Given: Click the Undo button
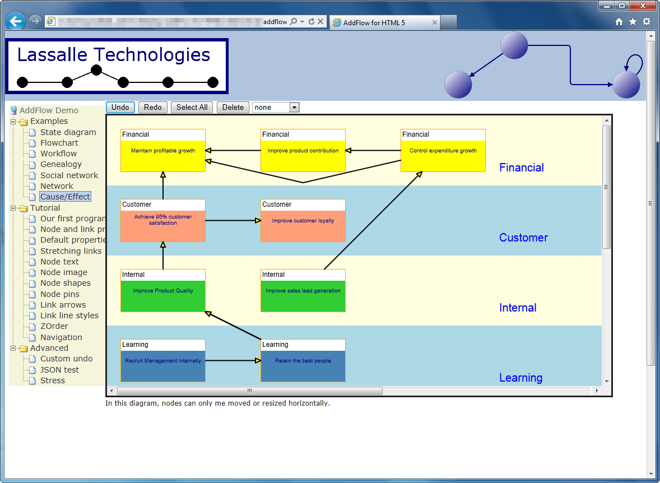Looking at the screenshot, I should tap(120, 107).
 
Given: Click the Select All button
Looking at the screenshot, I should tap(192, 107).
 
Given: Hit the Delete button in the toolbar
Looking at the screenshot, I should tap(233, 107).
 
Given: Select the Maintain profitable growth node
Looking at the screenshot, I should tap(163, 151).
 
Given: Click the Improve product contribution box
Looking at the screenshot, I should tap(303, 151).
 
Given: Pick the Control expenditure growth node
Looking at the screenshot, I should tap(443, 151).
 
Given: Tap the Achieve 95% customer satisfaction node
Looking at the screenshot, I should tap(163, 221).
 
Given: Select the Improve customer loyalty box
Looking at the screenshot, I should tap(303, 221).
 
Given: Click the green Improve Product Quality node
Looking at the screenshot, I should tap(163, 291).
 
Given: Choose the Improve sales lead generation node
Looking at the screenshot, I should tap(303, 291).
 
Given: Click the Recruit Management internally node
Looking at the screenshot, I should tap(163, 361).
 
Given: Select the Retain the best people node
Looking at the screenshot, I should tap(303, 361).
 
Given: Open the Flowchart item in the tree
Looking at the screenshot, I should tap(59, 143).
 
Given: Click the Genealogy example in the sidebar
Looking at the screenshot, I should tap(61, 164).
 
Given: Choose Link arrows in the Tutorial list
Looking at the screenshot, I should tap(63, 305).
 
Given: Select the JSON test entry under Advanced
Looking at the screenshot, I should tap(59, 370).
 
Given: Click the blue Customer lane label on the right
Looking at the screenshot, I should tap(523, 238).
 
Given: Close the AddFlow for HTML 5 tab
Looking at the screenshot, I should tap(434, 22).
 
